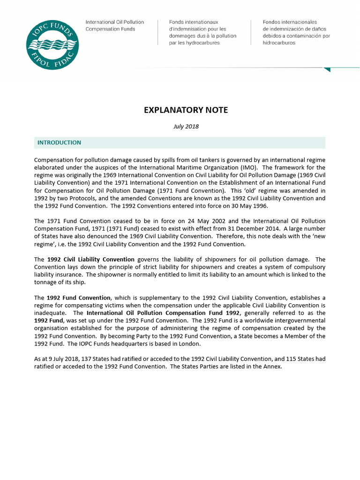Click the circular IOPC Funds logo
(x=52, y=45)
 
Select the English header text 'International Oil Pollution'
(x=114, y=22)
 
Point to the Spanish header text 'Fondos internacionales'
(x=290, y=22)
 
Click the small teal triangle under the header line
(x=327, y=69)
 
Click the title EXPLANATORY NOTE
(x=186, y=110)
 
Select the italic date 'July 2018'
(x=186, y=127)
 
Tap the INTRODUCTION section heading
(x=59, y=142)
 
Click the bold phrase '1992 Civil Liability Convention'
(x=90, y=259)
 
